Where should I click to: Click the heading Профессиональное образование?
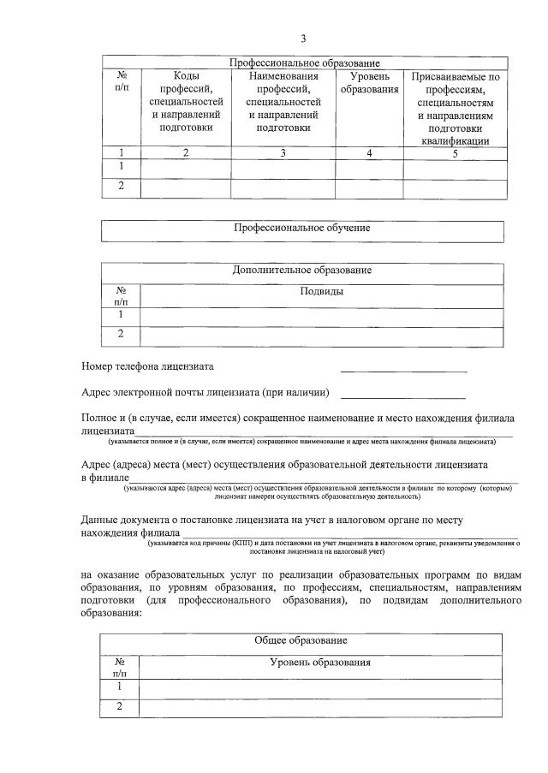pos(304,63)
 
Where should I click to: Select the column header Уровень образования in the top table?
pos(369,83)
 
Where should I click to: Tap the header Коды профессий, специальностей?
pos(186,101)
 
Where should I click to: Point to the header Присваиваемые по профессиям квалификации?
pos(455,108)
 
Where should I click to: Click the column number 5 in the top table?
pos(455,152)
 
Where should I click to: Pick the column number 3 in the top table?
pos(283,152)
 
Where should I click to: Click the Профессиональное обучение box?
pos(302,229)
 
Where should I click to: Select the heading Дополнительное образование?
pos(302,271)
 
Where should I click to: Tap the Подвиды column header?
pos(322,291)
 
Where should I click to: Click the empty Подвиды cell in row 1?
pos(322,315)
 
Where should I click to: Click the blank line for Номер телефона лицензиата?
pos(403,370)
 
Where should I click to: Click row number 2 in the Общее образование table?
pos(119,706)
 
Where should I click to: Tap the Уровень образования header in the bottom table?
pos(320,663)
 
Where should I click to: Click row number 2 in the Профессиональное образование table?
pos(121,187)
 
